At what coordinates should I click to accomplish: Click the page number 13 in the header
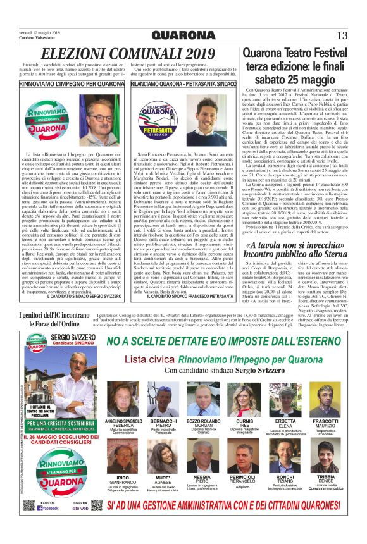click(x=342, y=35)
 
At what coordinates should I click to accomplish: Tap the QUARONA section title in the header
click(x=183, y=35)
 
